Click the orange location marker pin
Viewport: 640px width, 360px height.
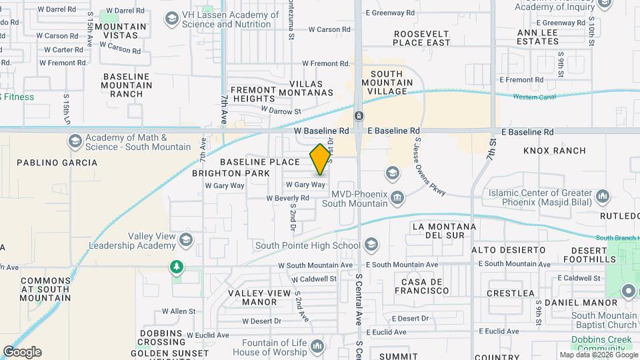[321, 159]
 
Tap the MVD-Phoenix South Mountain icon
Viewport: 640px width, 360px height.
[397, 197]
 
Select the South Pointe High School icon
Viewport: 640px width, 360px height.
[371, 245]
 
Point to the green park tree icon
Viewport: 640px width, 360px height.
[177, 267]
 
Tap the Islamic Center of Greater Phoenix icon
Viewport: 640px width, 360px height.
[603, 197]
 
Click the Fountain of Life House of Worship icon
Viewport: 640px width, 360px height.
[317, 346]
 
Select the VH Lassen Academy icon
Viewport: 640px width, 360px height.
[173, 19]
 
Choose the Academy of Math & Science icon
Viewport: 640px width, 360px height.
[75, 141]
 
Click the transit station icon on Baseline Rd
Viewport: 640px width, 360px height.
[359, 116]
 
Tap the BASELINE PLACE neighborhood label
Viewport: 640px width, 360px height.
[260, 162]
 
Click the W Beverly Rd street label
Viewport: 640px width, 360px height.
[287, 198]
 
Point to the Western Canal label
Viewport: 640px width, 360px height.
[535, 97]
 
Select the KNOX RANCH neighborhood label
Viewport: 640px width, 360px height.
[555, 151]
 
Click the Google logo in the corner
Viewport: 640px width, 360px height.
[21, 351]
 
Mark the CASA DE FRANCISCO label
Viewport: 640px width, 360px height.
[421, 286]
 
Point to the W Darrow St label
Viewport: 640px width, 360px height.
[281, 111]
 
